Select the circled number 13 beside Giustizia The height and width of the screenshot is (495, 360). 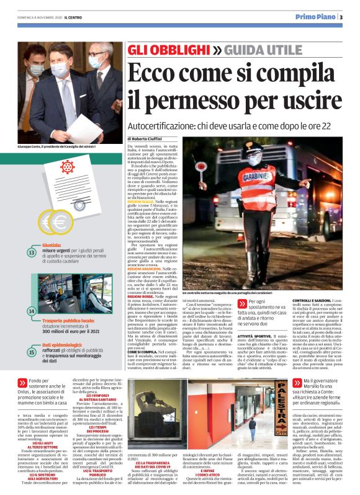pyautogui.click(x=32, y=252)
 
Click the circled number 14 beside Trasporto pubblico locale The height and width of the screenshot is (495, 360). pyautogui.click(x=32, y=310)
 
